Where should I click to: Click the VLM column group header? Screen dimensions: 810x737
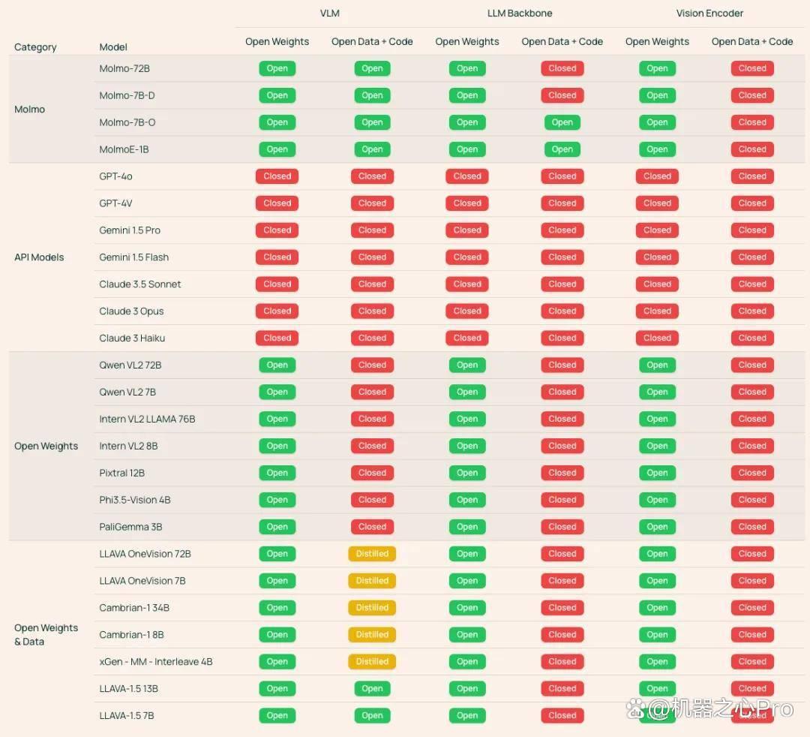click(329, 14)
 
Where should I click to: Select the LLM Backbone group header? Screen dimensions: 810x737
click(520, 14)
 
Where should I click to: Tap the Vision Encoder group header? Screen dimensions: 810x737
click(709, 14)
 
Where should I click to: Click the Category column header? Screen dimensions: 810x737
click(35, 47)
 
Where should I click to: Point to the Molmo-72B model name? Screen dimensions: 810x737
click(124, 68)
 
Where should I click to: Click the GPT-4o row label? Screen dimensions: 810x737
click(115, 176)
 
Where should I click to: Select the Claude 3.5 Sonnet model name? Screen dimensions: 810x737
click(140, 284)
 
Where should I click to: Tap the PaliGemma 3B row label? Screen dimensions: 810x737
click(130, 527)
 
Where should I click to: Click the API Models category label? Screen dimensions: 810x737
click(39, 257)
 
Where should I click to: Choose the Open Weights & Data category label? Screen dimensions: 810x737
click(46, 635)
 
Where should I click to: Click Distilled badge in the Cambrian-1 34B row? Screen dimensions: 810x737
click(372, 608)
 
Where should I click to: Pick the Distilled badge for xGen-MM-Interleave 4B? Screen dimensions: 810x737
click(372, 661)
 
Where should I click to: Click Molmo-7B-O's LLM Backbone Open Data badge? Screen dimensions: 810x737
click(562, 122)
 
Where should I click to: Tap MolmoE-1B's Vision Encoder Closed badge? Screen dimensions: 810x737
click(752, 149)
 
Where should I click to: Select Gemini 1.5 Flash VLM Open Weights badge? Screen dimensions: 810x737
click(277, 257)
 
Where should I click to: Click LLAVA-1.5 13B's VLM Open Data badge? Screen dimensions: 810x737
click(372, 688)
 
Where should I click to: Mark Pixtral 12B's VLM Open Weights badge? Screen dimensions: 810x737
click(277, 473)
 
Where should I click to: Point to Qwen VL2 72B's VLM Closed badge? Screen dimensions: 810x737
click(372, 365)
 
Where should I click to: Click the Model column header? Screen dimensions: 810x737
click(113, 47)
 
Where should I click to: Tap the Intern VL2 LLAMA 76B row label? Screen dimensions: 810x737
click(147, 419)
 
